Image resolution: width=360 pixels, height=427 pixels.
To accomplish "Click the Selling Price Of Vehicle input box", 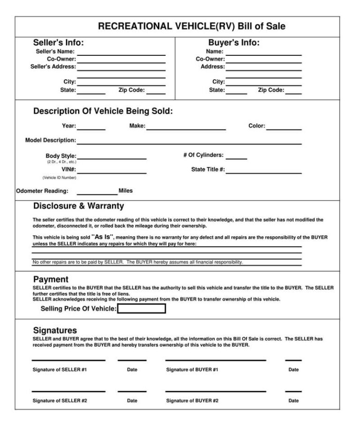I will click(x=141, y=309).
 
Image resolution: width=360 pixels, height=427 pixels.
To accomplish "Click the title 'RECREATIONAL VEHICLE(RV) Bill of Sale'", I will click(x=191, y=27).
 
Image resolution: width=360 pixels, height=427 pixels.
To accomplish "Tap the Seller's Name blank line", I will click(x=121, y=53).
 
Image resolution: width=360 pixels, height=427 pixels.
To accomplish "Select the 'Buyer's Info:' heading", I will click(x=233, y=43).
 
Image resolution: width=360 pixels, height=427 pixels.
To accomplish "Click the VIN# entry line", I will click(x=112, y=172).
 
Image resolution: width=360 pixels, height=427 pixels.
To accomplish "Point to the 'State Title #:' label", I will click(x=208, y=169).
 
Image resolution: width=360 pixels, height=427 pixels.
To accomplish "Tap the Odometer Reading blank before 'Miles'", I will click(x=97, y=193).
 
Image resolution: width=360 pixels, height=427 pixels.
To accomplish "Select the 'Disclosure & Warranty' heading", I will click(x=78, y=206).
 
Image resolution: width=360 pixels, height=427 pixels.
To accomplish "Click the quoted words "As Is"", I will click(x=102, y=237).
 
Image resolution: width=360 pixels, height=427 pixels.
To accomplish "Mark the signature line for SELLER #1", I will click(x=68, y=360).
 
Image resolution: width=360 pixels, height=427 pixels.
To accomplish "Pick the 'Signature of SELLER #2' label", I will click(x=60, y=401).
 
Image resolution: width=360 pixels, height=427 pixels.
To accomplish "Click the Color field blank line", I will click(x=284, y=129).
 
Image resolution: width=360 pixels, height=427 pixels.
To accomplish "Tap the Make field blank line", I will click(x=186, y=129).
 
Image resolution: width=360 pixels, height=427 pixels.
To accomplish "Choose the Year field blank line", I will click(x=91, y=129).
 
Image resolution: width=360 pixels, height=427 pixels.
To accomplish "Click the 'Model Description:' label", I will click(x=50, y=140).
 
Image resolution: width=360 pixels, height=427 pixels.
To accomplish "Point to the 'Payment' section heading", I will click(x=51, y=280).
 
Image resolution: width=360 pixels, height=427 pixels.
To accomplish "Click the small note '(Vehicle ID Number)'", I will click(x=59, y=178).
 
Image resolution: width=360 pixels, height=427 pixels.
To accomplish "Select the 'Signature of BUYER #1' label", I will click(x=192, y=370).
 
